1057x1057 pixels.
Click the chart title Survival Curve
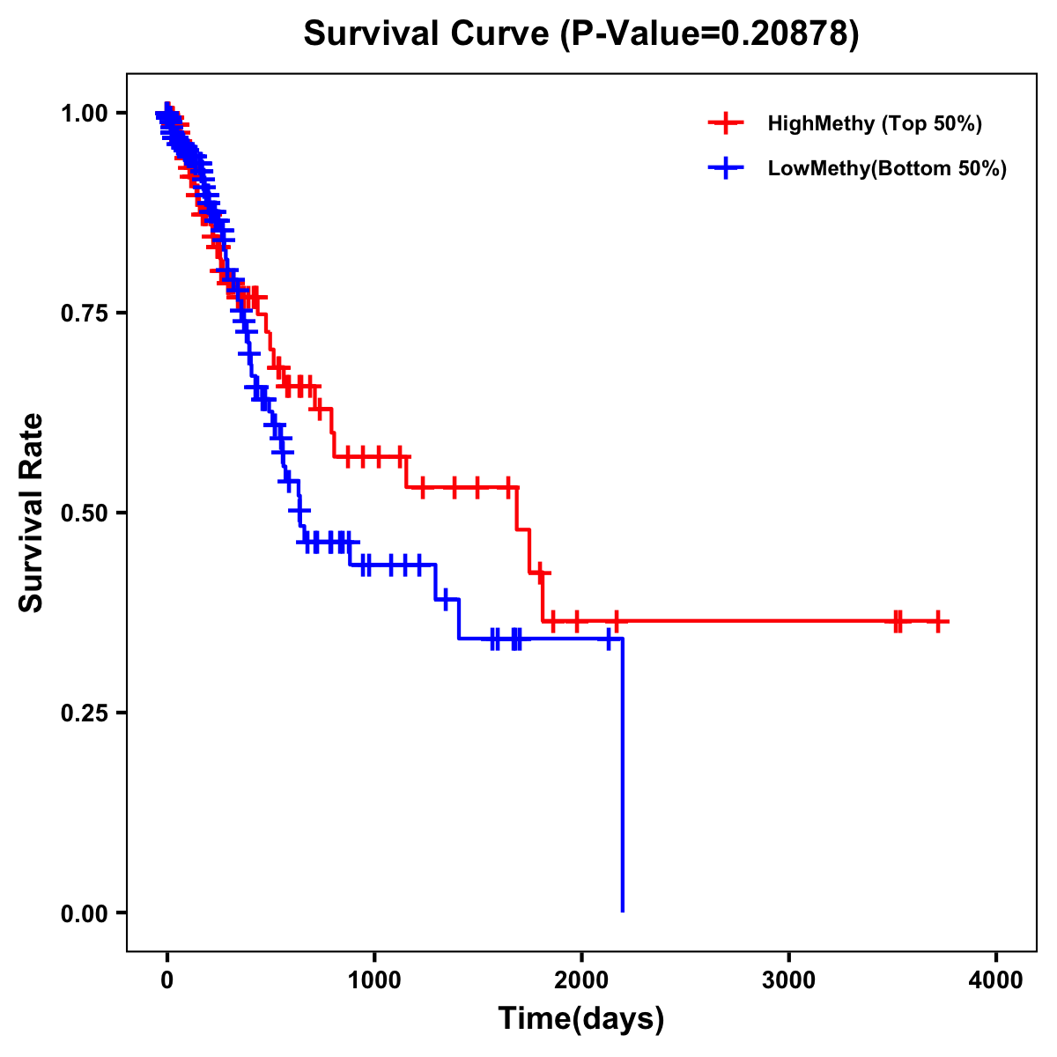[427, 34]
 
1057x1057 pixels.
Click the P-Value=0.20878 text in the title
[709, 34]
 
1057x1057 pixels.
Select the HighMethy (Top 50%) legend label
[874, 123]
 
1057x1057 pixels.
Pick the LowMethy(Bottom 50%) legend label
[887, 168]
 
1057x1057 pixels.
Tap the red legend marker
[725, 123]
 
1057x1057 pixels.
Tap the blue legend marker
[725, 168]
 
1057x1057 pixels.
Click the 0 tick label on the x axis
[167, 980]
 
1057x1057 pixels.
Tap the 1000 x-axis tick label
[374, 980]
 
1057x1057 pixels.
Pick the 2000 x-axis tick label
[581, 980]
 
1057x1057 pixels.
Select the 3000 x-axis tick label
[789, 980]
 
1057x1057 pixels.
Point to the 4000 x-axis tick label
[996, 980]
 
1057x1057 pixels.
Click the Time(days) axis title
[581, 1019]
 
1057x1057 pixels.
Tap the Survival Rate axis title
[32, 513]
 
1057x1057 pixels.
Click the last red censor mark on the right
[938, 622]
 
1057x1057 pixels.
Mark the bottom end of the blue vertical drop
[623, 910]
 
